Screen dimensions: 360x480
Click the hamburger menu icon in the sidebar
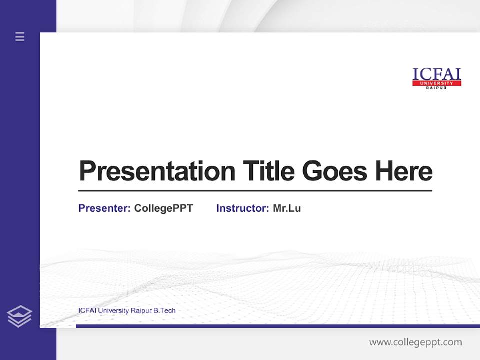pyautogui.click(x=20, y=36)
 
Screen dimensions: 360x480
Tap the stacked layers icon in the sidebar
pyautogui.click(x=19, y=316)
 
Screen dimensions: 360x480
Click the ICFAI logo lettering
pyautogui.click(x=436, y=74)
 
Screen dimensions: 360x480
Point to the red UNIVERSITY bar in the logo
pyautogui.click(x=436, y=83)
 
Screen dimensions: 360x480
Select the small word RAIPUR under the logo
pyautogui.click(x=436, y=88)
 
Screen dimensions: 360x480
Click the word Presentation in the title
pyautogui.click(x=157, y=171)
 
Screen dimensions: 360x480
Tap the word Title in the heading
pyautogui.click(x=268, y=171)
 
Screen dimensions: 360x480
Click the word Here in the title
pyautogui.click(x=404, y=171)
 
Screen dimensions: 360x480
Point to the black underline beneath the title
pyautogui.click(x=255, y=191)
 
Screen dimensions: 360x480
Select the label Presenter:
pyautogui.click(x=104, y=208)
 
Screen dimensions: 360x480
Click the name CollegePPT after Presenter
pyautogui.click(x=163, y=208)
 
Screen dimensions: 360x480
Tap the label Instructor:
pyautogui.click(x=242, y=208)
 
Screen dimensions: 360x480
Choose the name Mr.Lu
pyautogui.click(x=287, y=208)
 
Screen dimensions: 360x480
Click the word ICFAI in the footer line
pyautogui.click(x=87, y=311)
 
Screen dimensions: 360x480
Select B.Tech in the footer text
pyautogui.click(x=164, y=311)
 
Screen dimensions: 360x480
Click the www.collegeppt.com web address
pyautogui.click(x=415, y=342)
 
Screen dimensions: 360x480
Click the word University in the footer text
pyautogui.click(x=113, y=311)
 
